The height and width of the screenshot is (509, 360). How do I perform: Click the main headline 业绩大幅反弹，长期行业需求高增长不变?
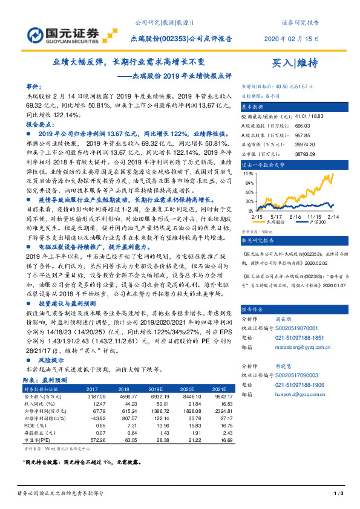[x=129, y=62]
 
